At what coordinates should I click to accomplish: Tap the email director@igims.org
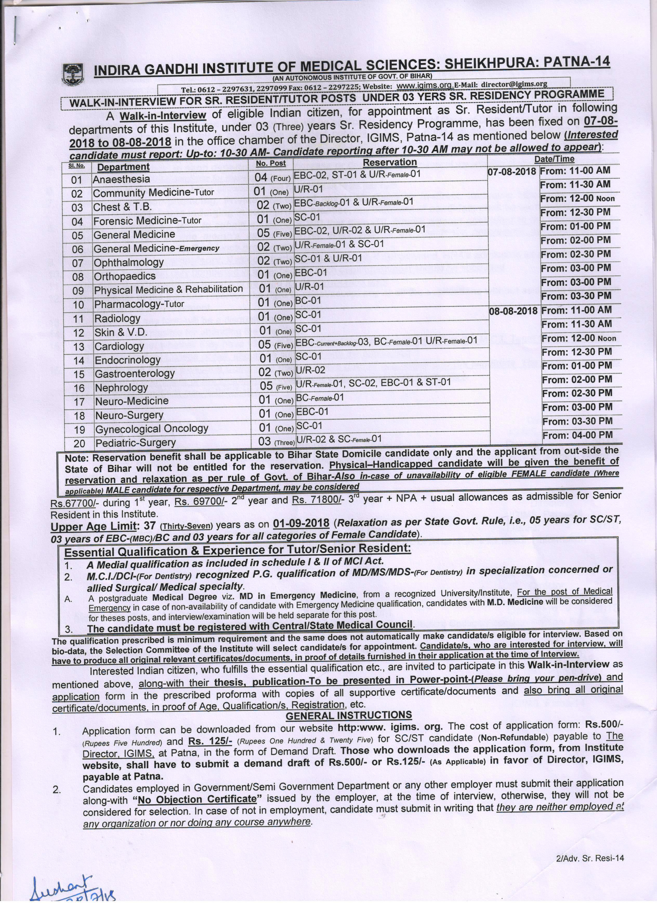click(x=514, y=84)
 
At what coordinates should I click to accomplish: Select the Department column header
click(x=123, y=167)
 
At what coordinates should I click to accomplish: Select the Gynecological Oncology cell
click(x=152, y=429)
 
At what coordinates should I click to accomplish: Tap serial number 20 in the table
click(x=79, y=443)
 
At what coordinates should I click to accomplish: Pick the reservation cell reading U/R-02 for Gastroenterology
click(x=310, y=370)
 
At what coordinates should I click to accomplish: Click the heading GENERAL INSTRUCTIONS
click(x=349, y=715)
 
